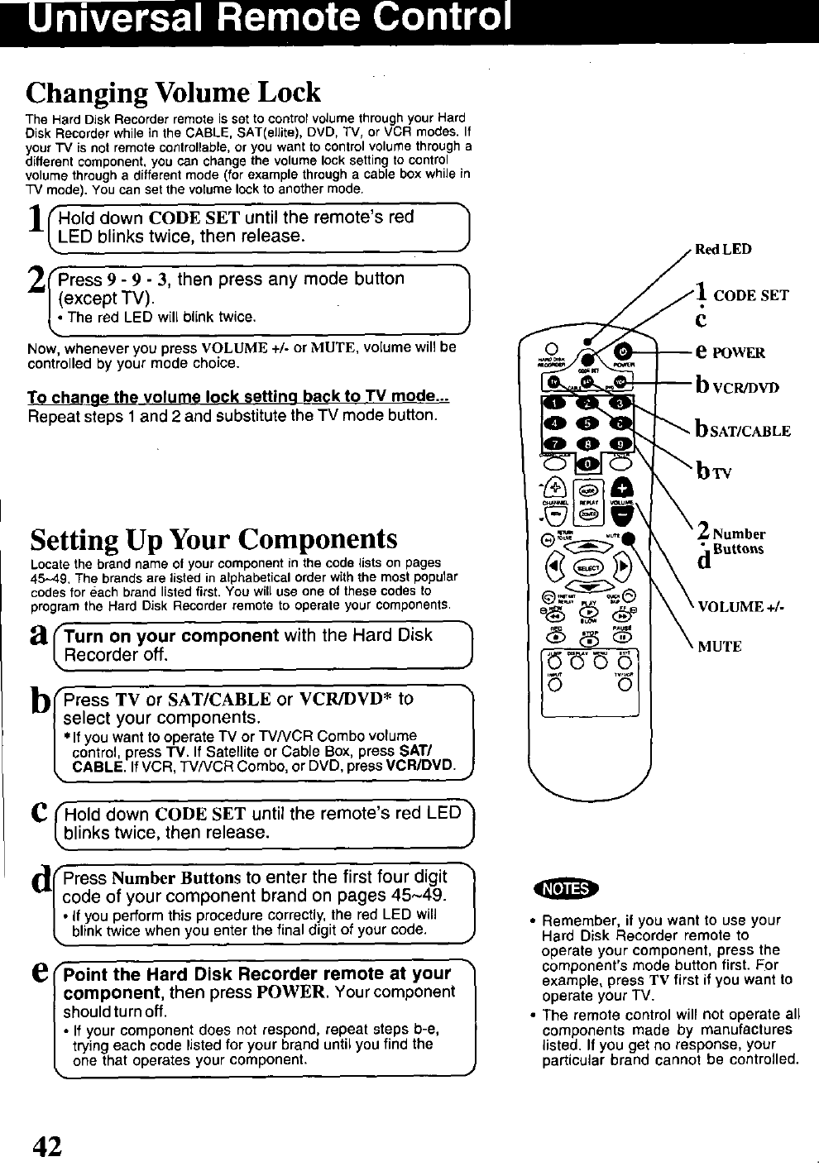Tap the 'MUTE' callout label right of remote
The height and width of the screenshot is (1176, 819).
coord(719,646)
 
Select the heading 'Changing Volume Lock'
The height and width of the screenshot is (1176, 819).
coord(174,90)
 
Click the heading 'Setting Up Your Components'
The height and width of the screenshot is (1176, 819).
coord(214,539)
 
